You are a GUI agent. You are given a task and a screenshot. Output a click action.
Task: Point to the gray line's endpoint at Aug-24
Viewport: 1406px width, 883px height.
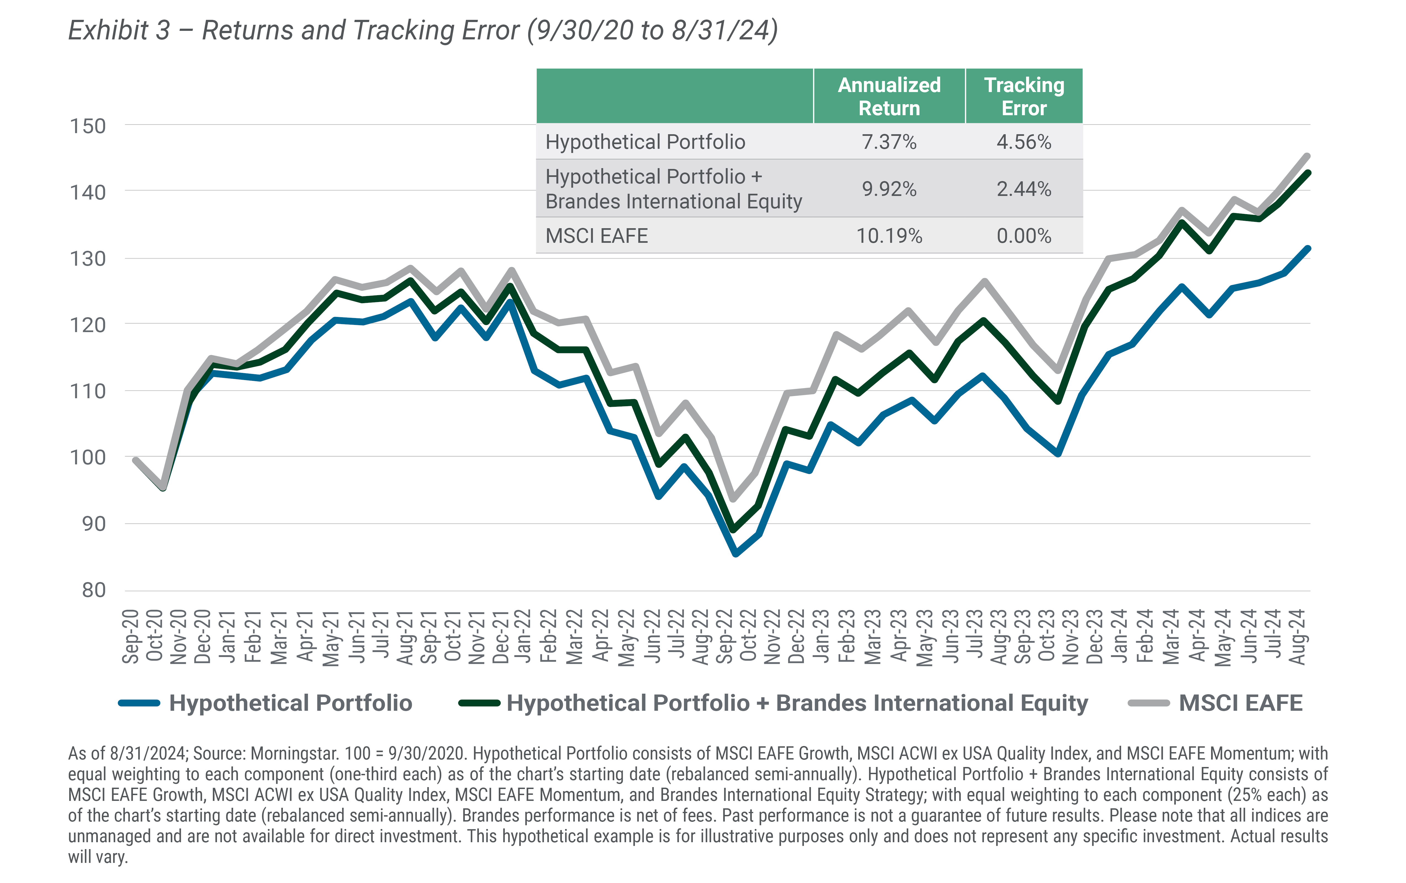click(x=1307, y=157)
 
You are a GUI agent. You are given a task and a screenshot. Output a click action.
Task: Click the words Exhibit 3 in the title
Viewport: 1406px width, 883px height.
click(x=119, y=30)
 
